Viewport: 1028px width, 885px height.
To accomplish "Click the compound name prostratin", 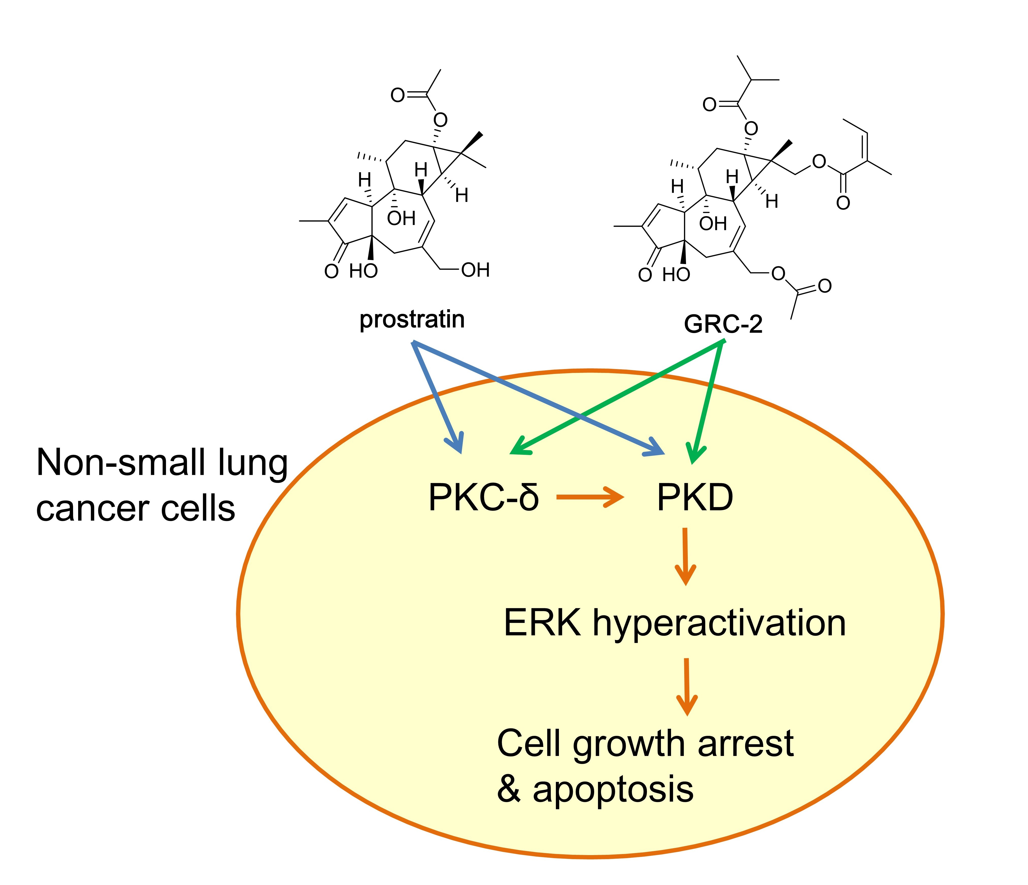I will coord(412,320).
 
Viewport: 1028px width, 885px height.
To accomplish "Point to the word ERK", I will coord(542,623).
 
